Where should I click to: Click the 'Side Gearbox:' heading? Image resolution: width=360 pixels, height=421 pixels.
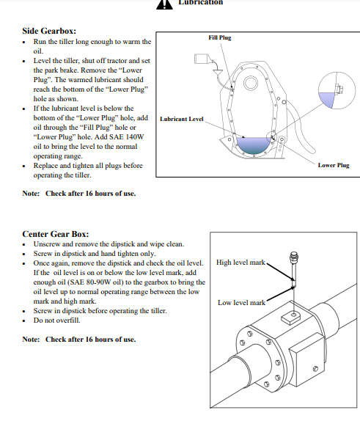coord(49,31)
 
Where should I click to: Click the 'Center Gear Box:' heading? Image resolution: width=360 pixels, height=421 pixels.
coord(56,234)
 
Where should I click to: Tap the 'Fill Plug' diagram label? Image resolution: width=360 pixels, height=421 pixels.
coord(220,37)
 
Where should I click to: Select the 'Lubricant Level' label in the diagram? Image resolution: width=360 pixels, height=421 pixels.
coord(182,119)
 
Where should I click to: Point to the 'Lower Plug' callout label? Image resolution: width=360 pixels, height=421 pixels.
coord(334,165)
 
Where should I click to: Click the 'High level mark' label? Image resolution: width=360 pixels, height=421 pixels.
coord(240,263)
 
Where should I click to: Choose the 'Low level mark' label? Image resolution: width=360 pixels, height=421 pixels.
coord(242,303)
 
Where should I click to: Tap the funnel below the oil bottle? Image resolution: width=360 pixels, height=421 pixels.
coord(218,73)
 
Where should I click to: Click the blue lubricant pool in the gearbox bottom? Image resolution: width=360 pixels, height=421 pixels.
coord(253,145)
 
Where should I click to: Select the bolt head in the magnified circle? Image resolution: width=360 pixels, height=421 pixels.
coord(339,89)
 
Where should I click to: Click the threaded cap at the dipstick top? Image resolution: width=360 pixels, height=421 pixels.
coord(294,257)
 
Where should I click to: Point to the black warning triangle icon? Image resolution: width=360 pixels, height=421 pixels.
coord(164,4)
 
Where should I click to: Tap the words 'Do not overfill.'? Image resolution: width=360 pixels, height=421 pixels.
coord(56,321)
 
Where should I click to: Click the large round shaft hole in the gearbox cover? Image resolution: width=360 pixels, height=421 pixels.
coord(251,83)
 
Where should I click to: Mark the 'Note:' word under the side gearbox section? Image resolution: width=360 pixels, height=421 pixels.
coord(31,194)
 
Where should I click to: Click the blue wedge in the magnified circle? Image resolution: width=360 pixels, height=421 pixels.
coord(327,99)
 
